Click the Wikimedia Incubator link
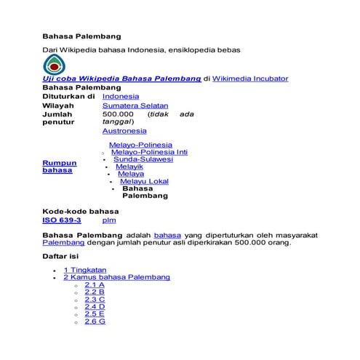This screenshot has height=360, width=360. coord(249,78)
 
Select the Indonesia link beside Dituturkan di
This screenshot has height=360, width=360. coord(121,96)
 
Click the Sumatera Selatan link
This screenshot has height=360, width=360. coord(135,105)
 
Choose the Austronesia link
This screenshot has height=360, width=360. coord(124,131)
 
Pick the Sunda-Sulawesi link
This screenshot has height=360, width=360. coord(143,160)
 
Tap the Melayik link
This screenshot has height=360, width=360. coord(129,167)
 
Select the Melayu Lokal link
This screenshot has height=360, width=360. coord(144,181)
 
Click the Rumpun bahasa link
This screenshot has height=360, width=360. coord(59,167)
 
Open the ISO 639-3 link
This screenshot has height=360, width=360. coord(62,220)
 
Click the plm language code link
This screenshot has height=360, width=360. coord(109,220)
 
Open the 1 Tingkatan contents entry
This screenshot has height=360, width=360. coord(84,270)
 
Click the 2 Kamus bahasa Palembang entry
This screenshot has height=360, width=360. coord(116,277)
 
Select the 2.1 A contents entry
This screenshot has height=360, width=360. coord(95,284)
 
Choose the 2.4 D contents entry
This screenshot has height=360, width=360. coord(95,306)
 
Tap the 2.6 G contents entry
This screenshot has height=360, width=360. coord(95,321)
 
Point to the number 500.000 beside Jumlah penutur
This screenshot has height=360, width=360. coord(118,114)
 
